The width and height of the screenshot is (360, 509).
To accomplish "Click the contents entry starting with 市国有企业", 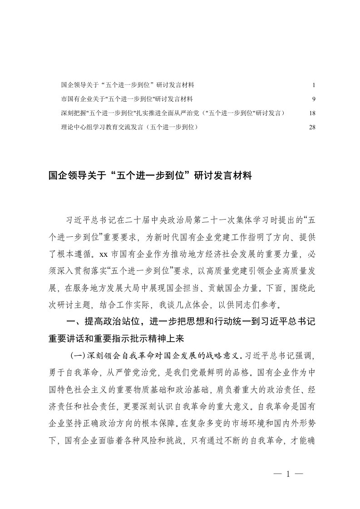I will point(127,99).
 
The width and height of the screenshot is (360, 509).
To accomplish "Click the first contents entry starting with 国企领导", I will point(128,85).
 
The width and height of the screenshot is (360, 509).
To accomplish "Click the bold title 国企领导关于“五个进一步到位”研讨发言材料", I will point(150,176).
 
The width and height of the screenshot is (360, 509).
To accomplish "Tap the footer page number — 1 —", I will point(288,474).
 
